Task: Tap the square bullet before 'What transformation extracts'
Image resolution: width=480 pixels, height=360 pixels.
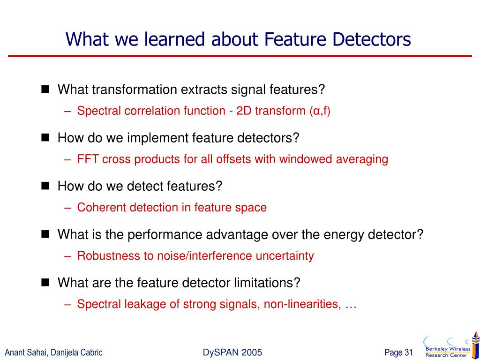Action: point(45,89)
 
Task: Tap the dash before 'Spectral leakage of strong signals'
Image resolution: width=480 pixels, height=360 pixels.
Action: point(68,304)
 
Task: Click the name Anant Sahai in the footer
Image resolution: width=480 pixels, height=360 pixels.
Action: point(23,352)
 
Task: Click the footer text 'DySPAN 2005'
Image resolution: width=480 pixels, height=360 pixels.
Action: point(232,352)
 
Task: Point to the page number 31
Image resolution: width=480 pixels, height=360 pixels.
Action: point(408,352)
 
